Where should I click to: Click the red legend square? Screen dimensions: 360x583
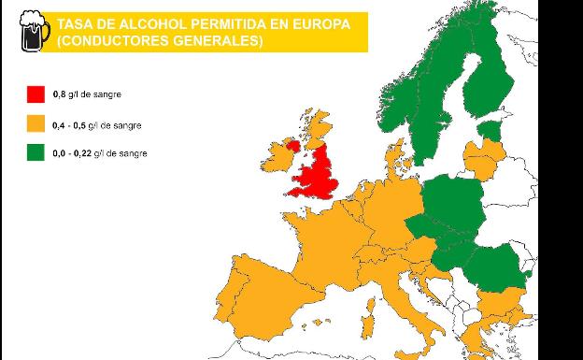pos(36,94)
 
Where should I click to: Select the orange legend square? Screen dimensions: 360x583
pos(36,122)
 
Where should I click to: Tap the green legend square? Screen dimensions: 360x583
pos(36,151)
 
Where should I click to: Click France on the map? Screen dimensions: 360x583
pos(322,243)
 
